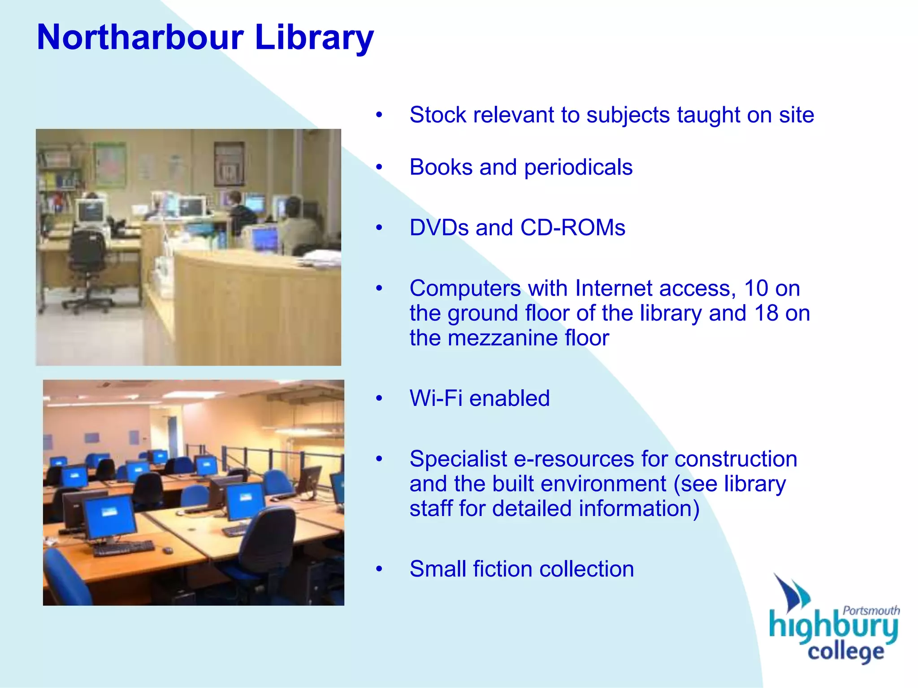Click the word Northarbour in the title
click(x=140, y=37)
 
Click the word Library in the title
click(x=314, y=37)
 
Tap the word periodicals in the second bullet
click(x=578, y=168)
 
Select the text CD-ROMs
click(x=572, y=228)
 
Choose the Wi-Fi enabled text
click(x=479, y=398)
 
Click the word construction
click(x=736, y=459)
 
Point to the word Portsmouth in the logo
click(x=871, y=611)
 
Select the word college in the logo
click(x=845, y=652)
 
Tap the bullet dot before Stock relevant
click(x=379, y=115)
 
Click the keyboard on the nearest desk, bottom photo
click(x=123, y=547)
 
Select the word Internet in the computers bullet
click(x=654, y=288)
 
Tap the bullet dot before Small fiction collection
click(x=379, y=569)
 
